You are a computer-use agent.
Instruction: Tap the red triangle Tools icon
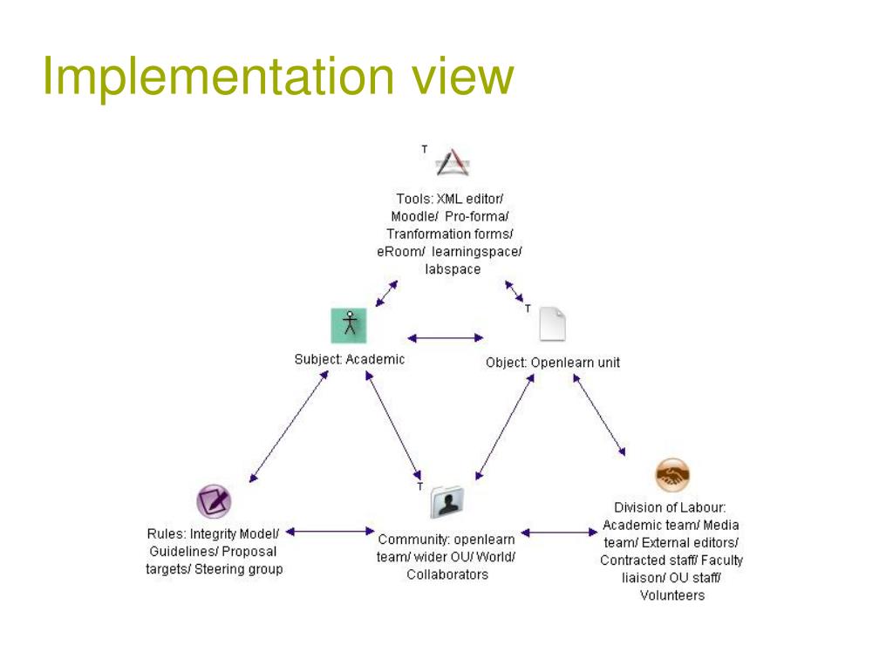[x=453, y=162]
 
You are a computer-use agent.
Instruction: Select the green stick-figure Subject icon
[x=348, y=324]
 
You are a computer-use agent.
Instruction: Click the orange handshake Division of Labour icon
[x=671, y=475]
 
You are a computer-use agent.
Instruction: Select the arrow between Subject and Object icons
[x=445, y=337]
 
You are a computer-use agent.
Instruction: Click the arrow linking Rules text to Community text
[x=330, y=530]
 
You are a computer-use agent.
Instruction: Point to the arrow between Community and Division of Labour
[x=559, y=532]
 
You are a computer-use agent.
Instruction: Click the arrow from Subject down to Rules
[x=288, y=425]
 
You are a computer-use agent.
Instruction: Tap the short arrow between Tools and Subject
[x=386, y=294]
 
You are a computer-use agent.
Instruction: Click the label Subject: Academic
[x=349, y=359]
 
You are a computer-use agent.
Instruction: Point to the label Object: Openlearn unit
[x=553, y=363]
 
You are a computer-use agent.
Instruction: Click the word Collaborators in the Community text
[x=447, y=574]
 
